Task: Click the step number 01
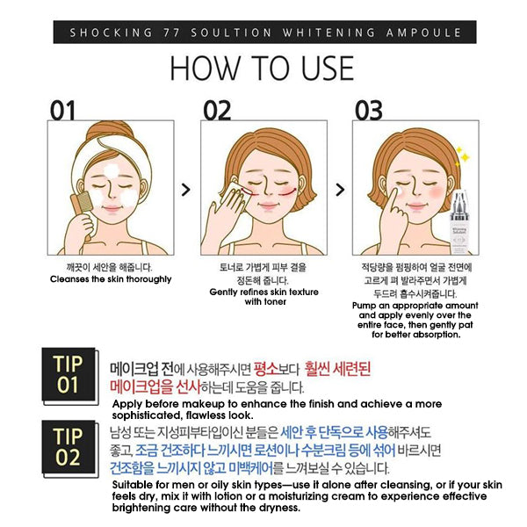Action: click(x=62, y=111)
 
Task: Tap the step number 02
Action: click(x=217, y=111)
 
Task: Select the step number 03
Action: click(x=369, y=111)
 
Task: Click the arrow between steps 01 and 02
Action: click(x=186, y=190)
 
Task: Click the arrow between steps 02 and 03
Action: click(x=340, y=190)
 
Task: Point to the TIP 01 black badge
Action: click(x=69, y=374)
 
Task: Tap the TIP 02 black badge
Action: click(x=69, y=447)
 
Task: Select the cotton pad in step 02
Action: click(x=232, y=197)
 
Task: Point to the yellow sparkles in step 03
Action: click(x=462, y=156)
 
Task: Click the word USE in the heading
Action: click(x=327, y=69)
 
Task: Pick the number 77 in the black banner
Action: click(x=171, y=32)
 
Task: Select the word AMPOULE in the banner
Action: click(x=423, y=32)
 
